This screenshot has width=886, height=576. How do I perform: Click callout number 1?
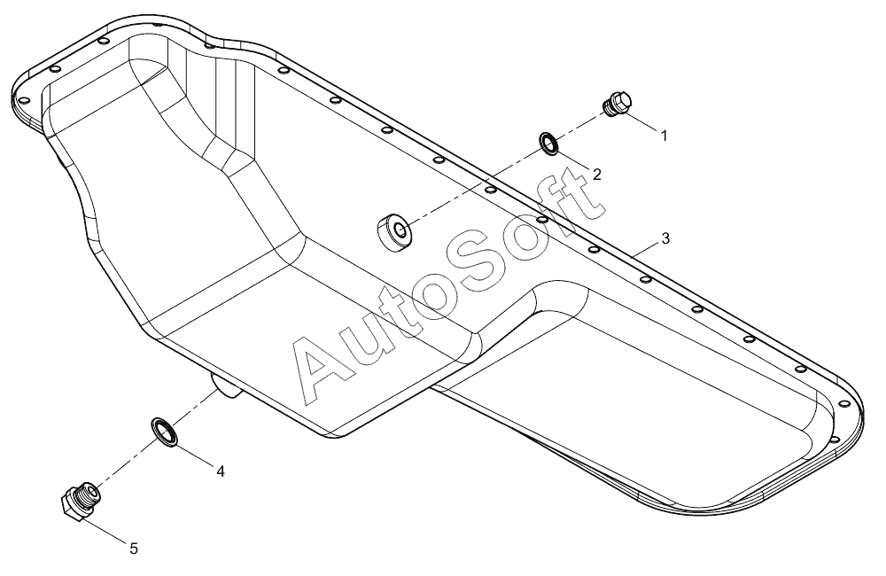664,136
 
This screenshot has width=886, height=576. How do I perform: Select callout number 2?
596,174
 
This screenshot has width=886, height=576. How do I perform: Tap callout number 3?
665,238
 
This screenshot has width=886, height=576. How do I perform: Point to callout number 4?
221,471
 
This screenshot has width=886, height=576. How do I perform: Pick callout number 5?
134,549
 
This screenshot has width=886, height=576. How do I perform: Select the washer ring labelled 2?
550,144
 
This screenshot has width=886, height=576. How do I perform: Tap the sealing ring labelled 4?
164,432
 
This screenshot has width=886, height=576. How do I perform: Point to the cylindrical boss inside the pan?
394,231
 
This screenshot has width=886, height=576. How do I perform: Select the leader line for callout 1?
641,122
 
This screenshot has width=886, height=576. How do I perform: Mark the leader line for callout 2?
573,161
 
